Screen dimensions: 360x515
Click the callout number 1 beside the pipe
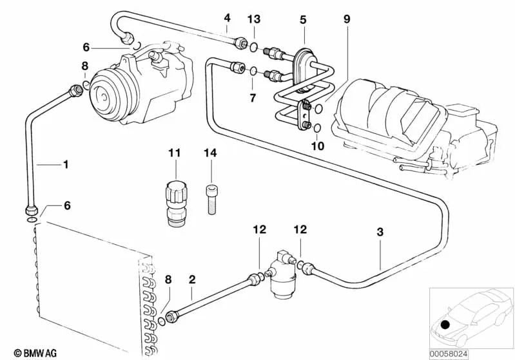(x=65, y=165)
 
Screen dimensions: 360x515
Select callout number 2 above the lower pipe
(x=191, y=279)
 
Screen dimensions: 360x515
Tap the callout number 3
(x=380, y=231)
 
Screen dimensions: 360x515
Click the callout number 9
(x=347, y=19)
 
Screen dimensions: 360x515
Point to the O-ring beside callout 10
(x=318, y=128)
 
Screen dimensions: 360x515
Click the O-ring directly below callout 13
(x=254, y=46)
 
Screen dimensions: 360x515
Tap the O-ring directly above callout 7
(x=254, y=71)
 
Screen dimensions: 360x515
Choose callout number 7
(x=253, y=99)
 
